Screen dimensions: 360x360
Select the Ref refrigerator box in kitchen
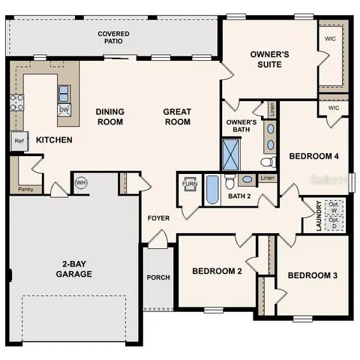18,140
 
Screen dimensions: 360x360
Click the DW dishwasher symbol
64,109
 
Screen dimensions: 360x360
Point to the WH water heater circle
80,182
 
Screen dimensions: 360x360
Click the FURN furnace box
190,183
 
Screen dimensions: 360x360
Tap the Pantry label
25,189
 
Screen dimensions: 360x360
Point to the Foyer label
157,219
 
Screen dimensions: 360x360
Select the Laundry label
319,215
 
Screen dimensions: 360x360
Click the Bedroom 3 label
312,275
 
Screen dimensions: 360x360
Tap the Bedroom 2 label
217,271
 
